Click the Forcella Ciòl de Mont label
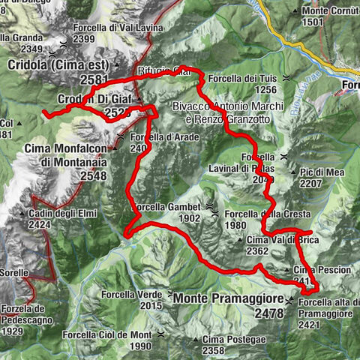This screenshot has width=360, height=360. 106,334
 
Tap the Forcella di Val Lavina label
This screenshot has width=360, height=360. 109,28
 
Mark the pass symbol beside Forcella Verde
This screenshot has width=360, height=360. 172,295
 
